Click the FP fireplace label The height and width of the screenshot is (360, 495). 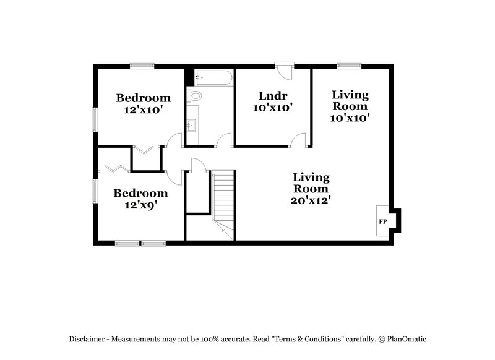(382, 221)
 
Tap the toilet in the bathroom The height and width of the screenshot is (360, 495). (196, 96)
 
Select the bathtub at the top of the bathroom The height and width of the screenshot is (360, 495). (212, 78)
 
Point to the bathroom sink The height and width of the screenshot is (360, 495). (191, 126)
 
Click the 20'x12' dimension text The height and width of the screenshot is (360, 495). (311, 200)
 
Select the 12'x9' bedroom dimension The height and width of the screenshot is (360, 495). (140, 205)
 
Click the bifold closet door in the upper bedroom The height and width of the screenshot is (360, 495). (146, 150)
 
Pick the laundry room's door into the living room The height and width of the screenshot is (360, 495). (300, 140)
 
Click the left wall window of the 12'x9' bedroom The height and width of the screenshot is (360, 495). (94, 189)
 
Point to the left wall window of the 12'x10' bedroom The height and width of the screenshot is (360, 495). (94, 119)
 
